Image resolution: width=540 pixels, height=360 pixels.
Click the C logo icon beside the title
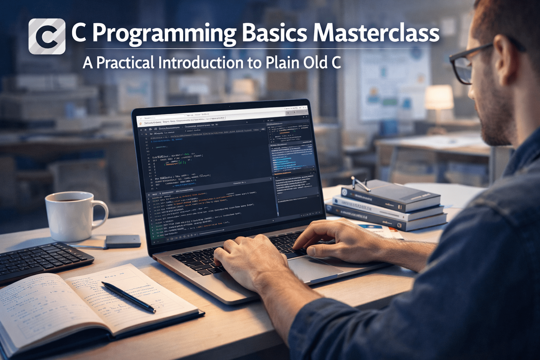coord(47,36)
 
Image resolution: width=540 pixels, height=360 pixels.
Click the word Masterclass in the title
coord(376,33)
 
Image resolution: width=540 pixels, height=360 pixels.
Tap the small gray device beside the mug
coord(123,241)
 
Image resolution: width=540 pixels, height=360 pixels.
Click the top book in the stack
coord(390,195)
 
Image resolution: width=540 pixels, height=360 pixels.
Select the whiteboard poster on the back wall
coord(394,84)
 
